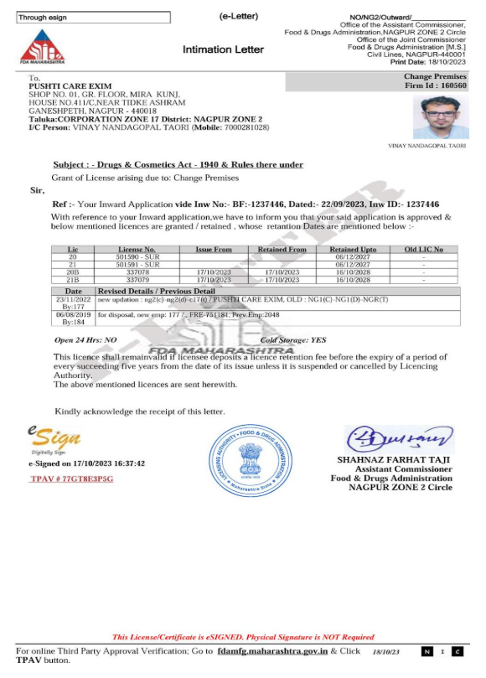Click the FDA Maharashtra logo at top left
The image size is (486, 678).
[39, 47]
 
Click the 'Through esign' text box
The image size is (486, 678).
[93, 18]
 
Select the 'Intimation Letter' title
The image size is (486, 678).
[223, 49]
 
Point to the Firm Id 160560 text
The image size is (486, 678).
[436, 85]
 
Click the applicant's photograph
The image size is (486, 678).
[436, 116]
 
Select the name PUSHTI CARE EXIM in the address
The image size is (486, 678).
[70, 85]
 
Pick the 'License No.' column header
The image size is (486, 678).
[137, 249]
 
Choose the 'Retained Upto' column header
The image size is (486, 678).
[353, 249]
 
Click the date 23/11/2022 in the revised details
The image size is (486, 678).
[71, 298]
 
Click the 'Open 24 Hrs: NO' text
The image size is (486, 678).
[85, 340]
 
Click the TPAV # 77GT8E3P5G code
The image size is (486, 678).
[71, 478]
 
